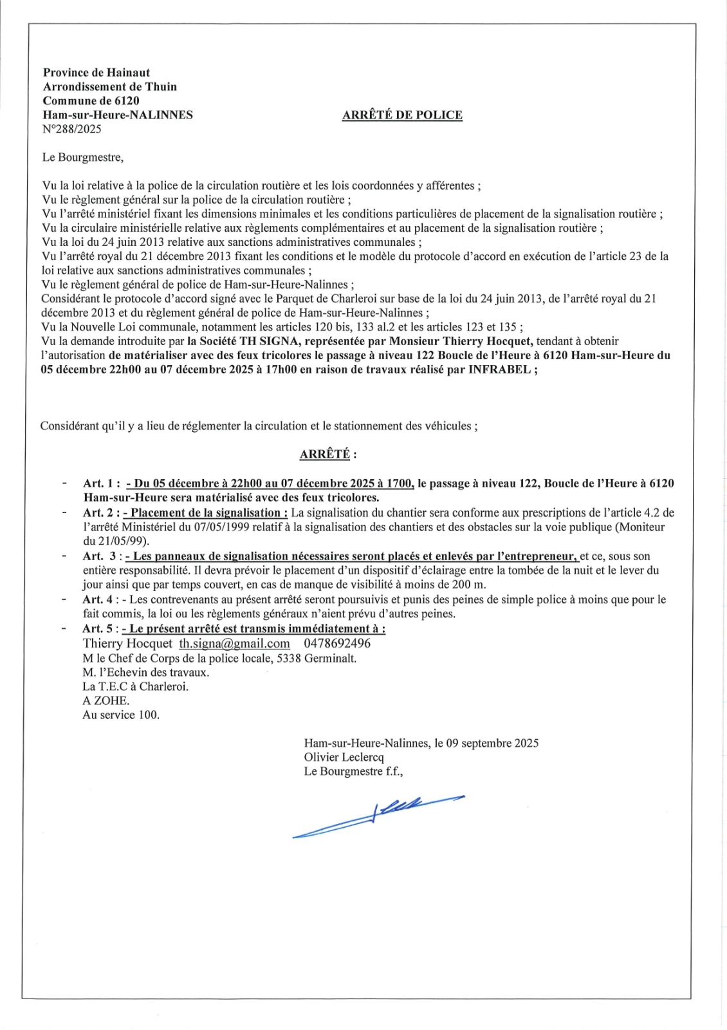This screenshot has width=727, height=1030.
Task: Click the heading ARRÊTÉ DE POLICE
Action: click(x=402, y=115)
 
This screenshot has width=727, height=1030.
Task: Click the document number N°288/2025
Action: click(x=72, y=129)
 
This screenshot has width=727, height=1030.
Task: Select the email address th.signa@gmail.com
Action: click(x=234, y=644)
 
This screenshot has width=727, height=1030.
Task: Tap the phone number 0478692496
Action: click(x=336, y=644)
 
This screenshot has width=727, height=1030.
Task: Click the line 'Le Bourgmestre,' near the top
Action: click(x=83, y=157)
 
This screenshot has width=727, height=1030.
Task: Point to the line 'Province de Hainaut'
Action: click(x=97, y=73)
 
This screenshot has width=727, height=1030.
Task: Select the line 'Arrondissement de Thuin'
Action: click(x=110, y=87)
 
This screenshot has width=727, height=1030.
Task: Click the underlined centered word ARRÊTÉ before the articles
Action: click(x=325, y=454)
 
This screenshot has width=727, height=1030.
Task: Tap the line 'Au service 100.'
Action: click(x=121, y=715)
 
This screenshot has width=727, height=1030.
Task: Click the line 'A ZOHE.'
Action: click(x=106, y=700)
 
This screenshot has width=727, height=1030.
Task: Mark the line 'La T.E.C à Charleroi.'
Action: click(x=135, y=686)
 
